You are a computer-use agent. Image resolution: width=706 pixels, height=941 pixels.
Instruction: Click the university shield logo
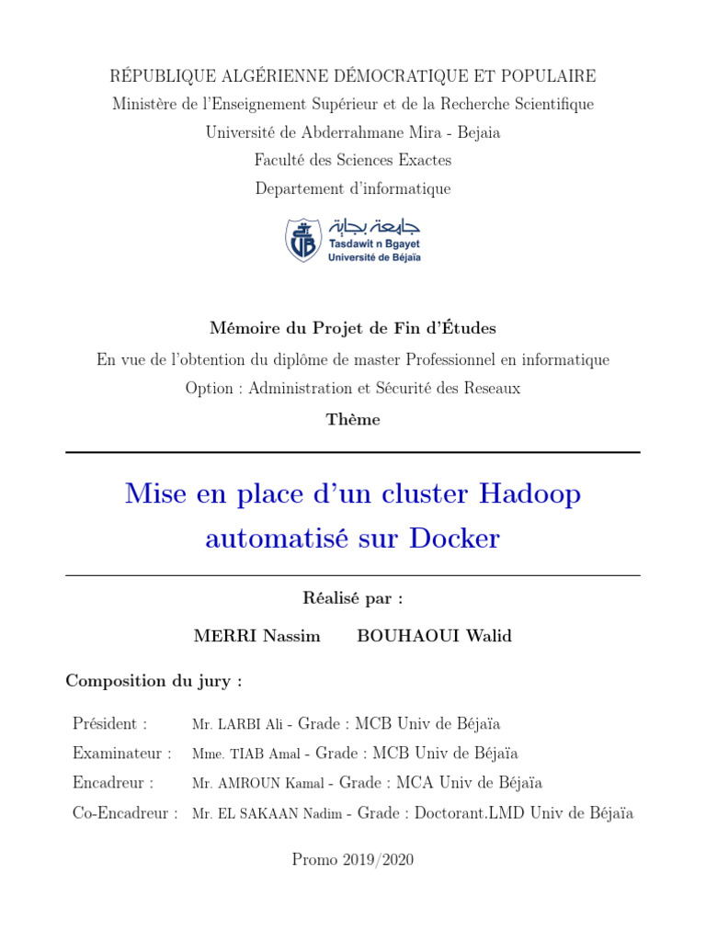tap(302, 240)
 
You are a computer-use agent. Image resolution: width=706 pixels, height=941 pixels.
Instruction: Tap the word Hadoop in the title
tap(529, 494)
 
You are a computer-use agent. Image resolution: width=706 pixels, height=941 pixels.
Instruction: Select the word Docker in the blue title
tap(455, 538)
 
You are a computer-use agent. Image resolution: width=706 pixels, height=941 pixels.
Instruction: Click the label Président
tap(109, 724)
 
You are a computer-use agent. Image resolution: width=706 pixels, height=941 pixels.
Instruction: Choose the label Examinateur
tap(121, 754)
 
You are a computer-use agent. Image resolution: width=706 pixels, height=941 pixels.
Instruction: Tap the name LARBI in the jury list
tap(238, 725)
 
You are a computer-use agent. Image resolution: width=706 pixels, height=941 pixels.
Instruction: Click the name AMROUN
tap(251, 784)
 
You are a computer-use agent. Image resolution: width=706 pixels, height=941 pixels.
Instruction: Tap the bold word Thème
tap(353, 420)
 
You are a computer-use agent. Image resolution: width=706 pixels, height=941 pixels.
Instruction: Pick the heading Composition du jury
tap(154, 681)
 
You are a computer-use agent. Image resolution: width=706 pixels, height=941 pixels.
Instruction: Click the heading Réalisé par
tap(352, 598)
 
